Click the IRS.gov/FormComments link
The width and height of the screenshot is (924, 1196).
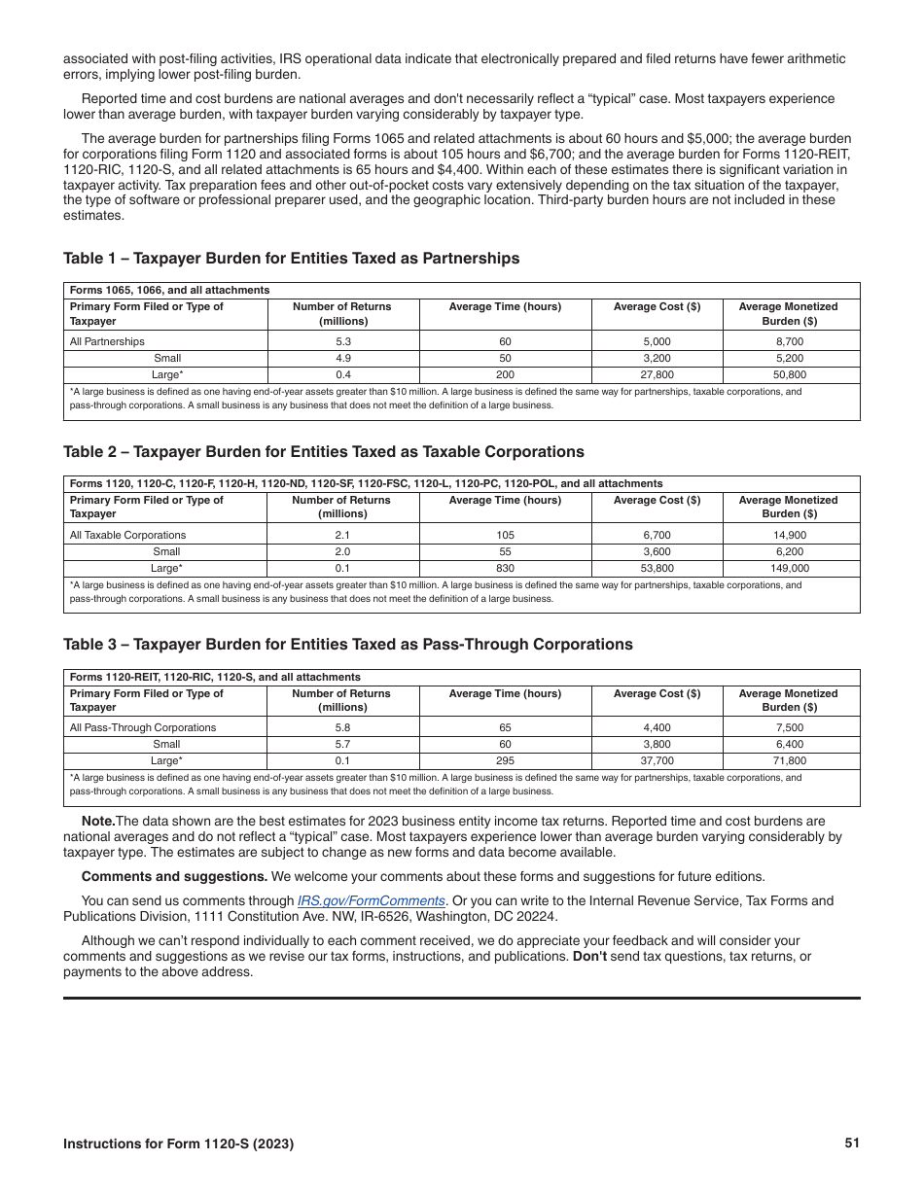tap(371, 901)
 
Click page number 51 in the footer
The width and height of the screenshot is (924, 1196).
tap(852, 1143)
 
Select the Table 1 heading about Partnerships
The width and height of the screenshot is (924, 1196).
tap(291, 259)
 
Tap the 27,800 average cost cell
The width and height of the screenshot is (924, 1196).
tap(657, 374)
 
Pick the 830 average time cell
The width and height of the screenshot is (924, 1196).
tap(505, 568)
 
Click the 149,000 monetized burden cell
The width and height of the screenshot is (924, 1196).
tap(790, 568)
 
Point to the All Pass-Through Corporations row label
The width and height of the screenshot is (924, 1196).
tap(143, 727)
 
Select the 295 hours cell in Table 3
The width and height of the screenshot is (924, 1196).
tap(505, 761)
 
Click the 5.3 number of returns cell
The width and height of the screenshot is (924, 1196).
tap(342, 341)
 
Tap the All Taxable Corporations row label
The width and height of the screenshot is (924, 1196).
tap(127, 535)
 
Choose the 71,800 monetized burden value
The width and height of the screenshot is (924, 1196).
tap(790, 761)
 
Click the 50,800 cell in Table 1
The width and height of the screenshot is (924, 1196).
tap(790, 374)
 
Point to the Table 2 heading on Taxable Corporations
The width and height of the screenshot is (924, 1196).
tap(323, 452)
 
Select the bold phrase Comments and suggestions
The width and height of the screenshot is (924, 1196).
tap(160, 876)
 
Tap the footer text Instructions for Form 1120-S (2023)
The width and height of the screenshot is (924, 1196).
tap(178, 1144)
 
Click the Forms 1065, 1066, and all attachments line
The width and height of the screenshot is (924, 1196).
tap(169, 290)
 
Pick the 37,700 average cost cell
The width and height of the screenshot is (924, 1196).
tap(657, 761)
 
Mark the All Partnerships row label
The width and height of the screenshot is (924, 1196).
tap(107, 341)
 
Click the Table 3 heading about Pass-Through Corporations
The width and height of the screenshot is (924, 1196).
tap(347, 645)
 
